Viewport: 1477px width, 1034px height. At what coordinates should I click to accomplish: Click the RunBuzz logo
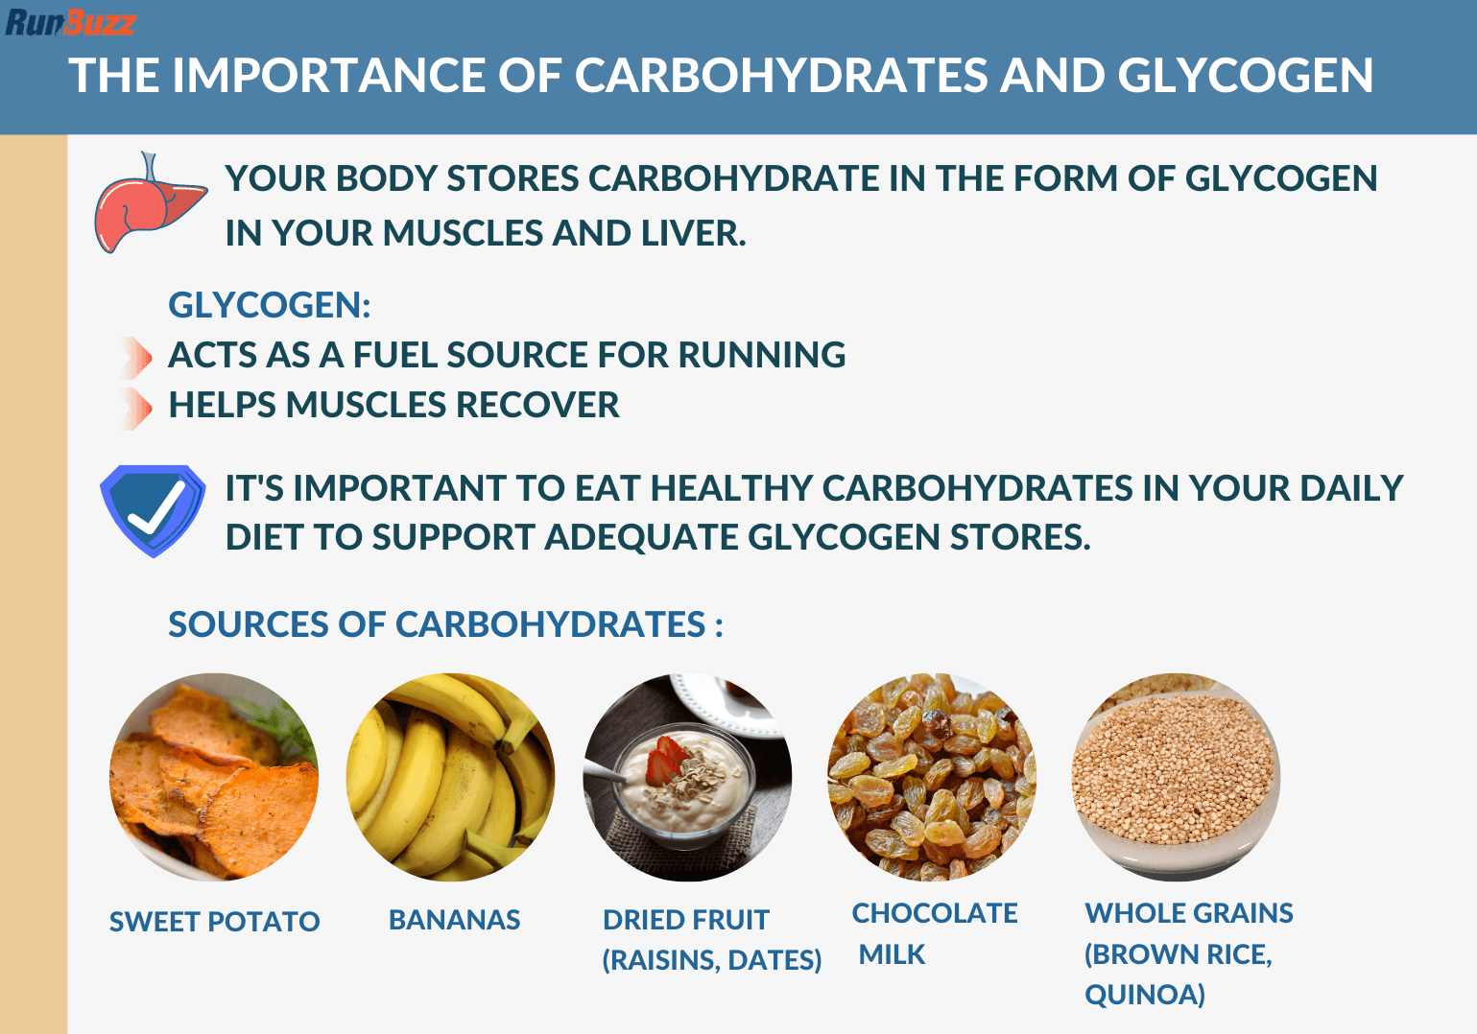click(70, 21)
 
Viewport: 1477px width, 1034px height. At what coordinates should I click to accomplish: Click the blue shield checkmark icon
click(153, 509)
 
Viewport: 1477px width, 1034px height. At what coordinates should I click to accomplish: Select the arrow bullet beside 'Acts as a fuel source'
click(136, 358)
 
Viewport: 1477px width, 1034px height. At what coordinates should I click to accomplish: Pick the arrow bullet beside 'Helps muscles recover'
click(136, 408)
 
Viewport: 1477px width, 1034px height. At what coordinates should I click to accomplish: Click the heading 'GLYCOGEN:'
click(269, 306)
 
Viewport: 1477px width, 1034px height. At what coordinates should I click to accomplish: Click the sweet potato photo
click(214, 777)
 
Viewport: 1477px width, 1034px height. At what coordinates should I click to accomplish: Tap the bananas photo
click(451, 777)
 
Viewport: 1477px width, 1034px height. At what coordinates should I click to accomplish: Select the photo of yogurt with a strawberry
click(687, 777)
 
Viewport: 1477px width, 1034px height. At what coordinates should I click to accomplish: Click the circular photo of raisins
click(932, 777)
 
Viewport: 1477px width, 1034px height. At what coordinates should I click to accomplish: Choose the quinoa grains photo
click(1176, 777)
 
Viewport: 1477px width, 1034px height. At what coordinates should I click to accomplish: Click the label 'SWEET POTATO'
click(214, 922)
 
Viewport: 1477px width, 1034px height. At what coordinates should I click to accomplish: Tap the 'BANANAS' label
click(454, 920)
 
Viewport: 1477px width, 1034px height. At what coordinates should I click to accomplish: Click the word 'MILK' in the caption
click(892, 955)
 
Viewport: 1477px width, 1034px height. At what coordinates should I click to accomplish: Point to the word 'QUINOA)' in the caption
click(1144, 995)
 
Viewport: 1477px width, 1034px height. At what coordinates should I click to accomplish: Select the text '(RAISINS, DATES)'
click(711, 960)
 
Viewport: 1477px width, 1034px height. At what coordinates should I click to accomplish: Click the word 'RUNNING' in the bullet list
click(762, 356)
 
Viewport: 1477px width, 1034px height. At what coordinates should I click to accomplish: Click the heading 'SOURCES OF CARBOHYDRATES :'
click(445, 625)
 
